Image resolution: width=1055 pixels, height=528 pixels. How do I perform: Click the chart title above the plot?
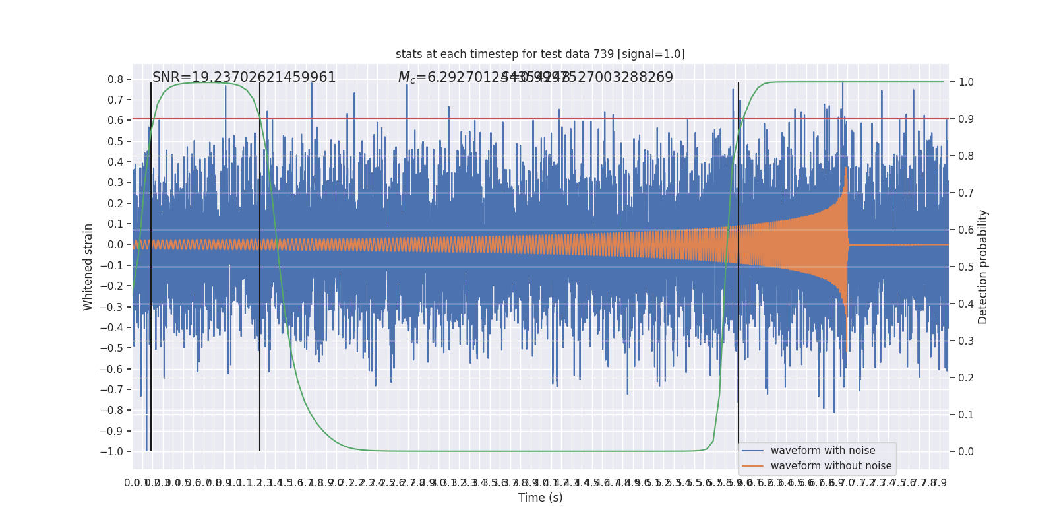pos(540,54)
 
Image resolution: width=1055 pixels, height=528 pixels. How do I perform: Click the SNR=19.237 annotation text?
pos(244,77)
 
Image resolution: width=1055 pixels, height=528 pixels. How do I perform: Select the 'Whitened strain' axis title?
pos(88,267)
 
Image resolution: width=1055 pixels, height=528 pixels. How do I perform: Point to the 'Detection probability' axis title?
pos(983,267)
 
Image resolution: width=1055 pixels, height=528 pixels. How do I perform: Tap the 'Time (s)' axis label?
pos(540,498)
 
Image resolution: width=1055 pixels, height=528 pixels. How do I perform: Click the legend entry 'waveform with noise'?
pos(823,451)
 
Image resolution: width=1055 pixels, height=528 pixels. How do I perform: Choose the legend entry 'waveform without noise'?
pos(831,466)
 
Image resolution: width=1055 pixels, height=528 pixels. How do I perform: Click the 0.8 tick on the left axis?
pos(115,79)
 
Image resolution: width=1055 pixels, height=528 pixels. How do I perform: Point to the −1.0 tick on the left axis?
pos(111,451)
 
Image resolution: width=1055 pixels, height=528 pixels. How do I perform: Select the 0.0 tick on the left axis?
pos(115,245)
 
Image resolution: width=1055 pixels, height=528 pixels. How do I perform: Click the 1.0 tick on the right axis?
pos(966,82)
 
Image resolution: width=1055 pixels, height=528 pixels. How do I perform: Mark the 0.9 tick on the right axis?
pos(966,119)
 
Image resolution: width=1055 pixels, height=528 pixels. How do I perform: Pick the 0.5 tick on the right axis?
pos(966,267)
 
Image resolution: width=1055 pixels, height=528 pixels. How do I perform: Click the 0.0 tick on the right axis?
pos(966,451)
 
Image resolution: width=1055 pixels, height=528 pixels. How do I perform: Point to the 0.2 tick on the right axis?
pos(966,378)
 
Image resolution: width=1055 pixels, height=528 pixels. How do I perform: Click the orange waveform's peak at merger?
pos(847,169)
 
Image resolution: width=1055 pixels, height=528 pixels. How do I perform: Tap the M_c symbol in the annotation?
pos(406,78)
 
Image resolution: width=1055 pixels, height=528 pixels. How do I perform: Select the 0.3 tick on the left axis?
pos(115,183)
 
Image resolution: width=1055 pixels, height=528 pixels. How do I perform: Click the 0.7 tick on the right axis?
pos(966,193)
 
